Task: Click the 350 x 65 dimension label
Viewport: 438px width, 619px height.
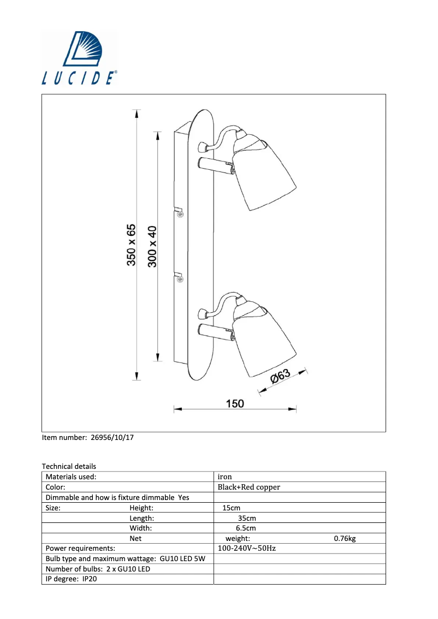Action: pyautogui.click(x=132, y=245)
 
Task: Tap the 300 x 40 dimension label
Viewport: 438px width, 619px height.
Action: pyautogui.click(x=152, y=246)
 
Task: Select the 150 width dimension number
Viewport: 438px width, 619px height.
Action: pyautogui.click(x=235, y=403)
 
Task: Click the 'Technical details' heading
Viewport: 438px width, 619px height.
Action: pyautogui.click(x=69, y=466)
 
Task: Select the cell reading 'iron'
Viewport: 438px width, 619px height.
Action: pyautogui.click(x=225, y=477)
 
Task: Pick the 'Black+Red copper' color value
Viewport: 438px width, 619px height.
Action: pyautogui.click(x=248, y=487)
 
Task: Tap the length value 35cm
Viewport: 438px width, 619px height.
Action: pyautogui.click(x=247, y=518)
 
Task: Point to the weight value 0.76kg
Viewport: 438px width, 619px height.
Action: pyautogui.click(x=345, y=539)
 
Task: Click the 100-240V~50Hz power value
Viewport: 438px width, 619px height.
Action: pyautogui.click(x=246, y=549)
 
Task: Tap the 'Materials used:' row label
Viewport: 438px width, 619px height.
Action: pyautogui.click(x=71, y=477)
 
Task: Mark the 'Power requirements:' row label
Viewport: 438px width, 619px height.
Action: pyautogui.click(x=80, y=549)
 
